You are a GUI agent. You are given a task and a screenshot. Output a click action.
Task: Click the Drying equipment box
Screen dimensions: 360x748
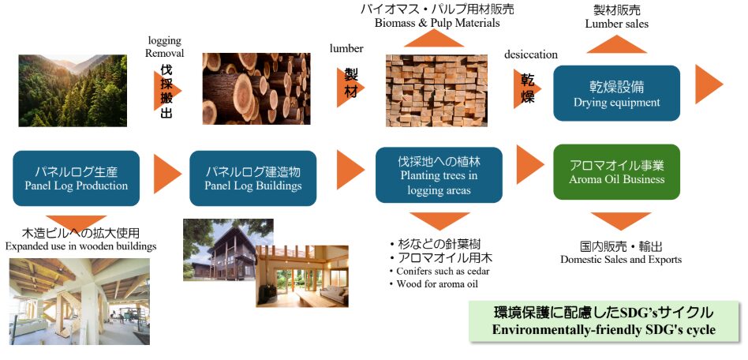(x=616, y=93)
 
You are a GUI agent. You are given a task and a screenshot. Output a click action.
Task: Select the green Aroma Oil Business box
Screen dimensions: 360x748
(x=616, y=172)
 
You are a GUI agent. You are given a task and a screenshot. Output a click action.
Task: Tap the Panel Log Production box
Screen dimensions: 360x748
(x=76, y=178)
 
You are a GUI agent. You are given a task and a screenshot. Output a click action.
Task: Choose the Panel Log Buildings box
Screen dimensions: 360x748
(x=252, y=178)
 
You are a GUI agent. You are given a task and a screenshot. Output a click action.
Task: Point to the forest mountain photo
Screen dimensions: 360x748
(x=72, y=90)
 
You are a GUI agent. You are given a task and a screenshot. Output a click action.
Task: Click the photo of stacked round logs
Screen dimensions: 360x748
(x=245, y=89)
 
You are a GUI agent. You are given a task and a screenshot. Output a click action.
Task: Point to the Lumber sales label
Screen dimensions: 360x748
(x=617, y=24)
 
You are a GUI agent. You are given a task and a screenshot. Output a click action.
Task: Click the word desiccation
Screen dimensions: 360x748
(x=530, y=54)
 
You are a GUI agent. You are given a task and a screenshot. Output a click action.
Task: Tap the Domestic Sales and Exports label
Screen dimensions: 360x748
(x=620, y=259)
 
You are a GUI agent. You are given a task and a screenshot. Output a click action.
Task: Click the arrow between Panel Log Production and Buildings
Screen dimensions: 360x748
(x=167, y=174)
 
